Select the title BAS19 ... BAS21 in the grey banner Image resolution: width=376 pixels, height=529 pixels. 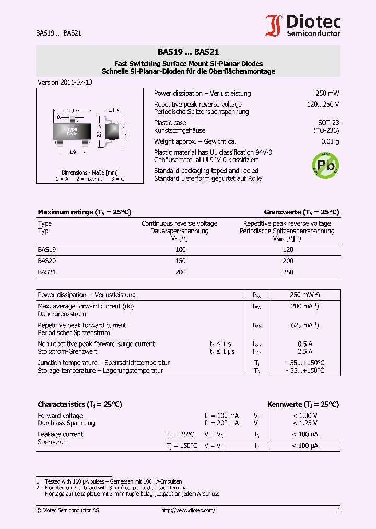(188, 52)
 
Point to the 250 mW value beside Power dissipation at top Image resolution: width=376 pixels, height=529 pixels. (327, 94)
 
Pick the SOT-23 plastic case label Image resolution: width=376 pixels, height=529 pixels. (328, 123)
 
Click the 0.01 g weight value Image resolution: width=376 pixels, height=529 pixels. (330, 142)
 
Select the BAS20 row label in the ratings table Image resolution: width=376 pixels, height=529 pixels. (47, 261)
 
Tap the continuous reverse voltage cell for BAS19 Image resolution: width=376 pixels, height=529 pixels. (180, 250)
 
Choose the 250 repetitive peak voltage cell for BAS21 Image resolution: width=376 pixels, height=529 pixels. (288, 272)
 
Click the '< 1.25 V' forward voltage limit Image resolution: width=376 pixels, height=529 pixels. (304, 423)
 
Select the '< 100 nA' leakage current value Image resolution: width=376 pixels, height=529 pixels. (304, 434)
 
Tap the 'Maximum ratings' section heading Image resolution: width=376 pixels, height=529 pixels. (84, 212)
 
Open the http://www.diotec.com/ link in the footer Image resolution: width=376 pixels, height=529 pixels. (188, 511)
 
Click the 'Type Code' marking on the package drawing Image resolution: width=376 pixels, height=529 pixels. (72, 131)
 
